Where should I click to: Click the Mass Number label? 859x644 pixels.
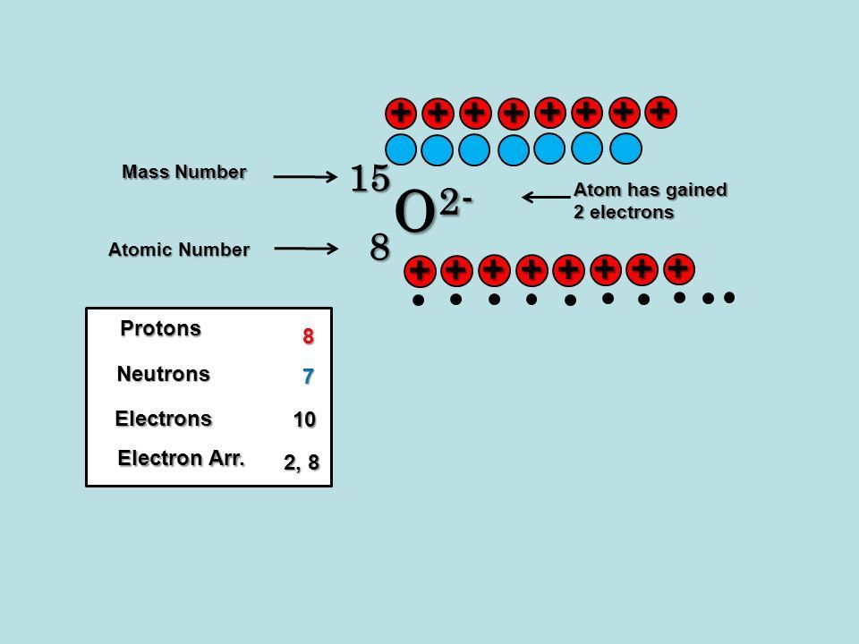[184, 172]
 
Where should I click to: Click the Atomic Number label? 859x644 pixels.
[179, 250]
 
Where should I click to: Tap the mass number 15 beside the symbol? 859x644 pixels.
[370, 179]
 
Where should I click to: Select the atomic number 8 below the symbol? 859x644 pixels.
[379, 248]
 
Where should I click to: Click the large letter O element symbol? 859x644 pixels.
[414, 211]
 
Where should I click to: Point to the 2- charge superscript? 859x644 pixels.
[455, 203]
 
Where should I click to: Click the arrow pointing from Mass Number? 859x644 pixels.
[305, 176]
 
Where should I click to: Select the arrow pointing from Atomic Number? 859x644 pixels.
[306, 249]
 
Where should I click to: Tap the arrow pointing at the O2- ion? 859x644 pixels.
[546, 197]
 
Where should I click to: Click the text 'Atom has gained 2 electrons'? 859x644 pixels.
[651, 201]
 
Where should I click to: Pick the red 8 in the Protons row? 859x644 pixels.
[309, 336]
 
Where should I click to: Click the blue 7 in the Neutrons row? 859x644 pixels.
[309, 377]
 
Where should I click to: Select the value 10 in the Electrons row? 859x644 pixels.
[304, 419]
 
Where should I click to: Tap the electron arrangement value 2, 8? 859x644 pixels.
[302, 462]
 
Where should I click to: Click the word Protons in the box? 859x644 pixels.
[160, 328]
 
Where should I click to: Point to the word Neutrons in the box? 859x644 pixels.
[163, 374]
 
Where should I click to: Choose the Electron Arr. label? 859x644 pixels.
[181, 458]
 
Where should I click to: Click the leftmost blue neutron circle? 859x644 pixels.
[401, 149]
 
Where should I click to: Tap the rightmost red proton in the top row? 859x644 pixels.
[661, 113]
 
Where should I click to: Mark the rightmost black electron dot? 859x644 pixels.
[729, 297]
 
